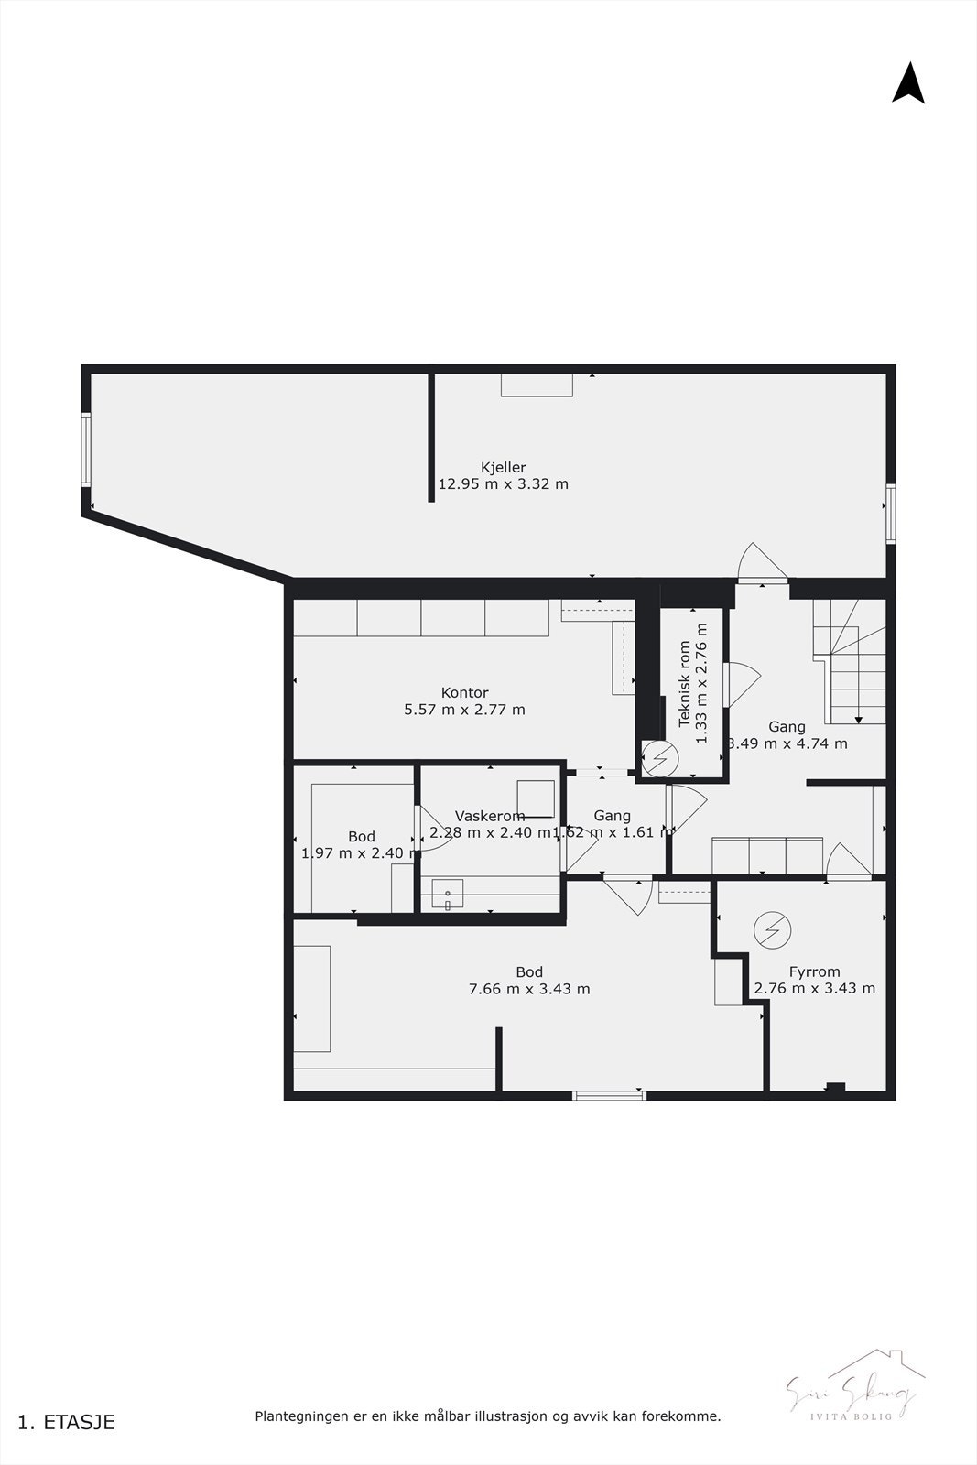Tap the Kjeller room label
coord(503,467)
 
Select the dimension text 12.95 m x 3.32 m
coord(503,484)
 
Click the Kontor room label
coord(464,693)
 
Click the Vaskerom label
coord(490,816)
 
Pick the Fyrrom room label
coord(814,971)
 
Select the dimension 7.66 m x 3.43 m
coord(529,989)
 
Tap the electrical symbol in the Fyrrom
coord(771,930)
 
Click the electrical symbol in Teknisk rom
coord(657,757)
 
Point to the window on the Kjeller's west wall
coord(86,450)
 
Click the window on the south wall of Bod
coord(609,1094)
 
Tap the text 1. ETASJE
coord(67,1422)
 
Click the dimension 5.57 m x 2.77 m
coord(464,710)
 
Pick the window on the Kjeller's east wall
coord(890,515)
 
